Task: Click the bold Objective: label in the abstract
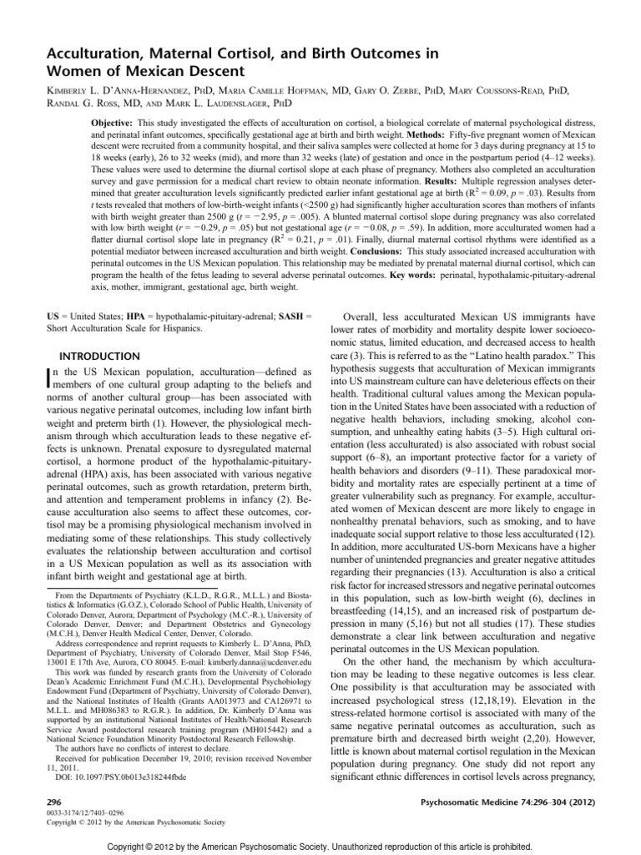(114, 121)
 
